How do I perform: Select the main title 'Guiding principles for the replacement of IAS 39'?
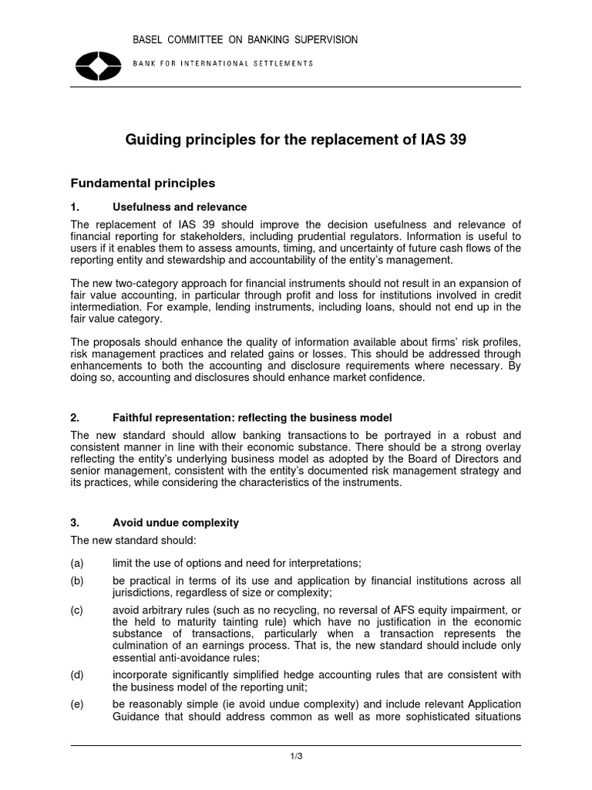(296, 140)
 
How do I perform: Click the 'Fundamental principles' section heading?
(143, 184)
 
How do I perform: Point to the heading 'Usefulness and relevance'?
(180, 208)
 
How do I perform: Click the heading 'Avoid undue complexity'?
(176, 523)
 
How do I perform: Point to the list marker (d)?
(78, 675)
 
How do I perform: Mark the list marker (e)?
(78, 705)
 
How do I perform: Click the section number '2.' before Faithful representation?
(76, 417)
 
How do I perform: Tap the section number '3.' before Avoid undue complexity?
(76, 523)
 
